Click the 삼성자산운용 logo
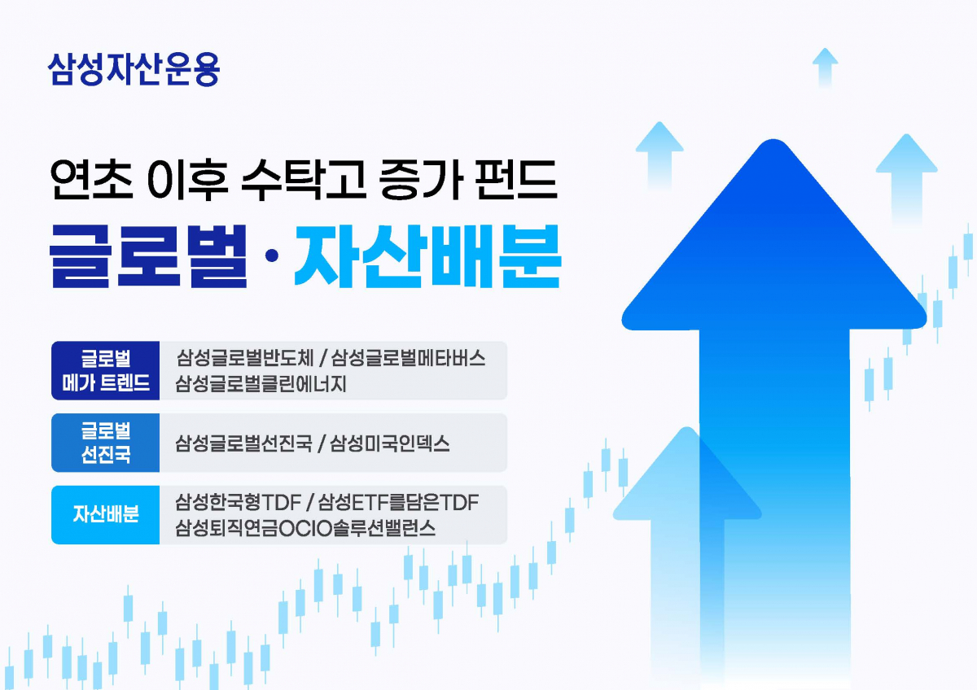coord(134,69)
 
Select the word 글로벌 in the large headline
coord(148,255)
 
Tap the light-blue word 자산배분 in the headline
coord(427,255)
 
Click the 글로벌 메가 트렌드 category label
coord(106,371)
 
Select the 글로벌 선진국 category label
coord(106,443)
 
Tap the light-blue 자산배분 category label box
coord(106,514)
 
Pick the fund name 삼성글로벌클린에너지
coord(261,383)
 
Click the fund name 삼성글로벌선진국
coord(243,444)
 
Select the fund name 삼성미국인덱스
coord(390,444)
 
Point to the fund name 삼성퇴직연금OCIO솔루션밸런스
coord(305,528)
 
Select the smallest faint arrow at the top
coord(825,65)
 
